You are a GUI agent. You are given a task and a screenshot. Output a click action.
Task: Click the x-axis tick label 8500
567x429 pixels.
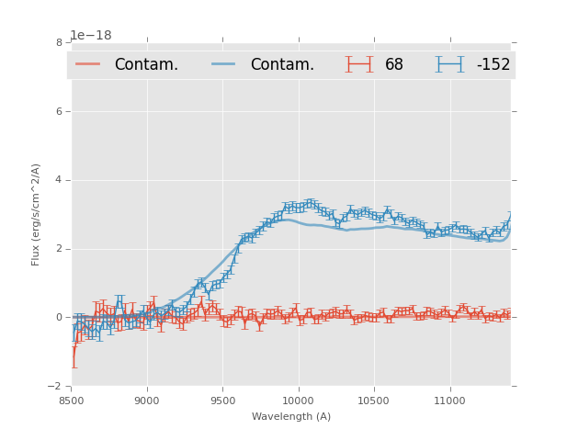[x=71, y=401]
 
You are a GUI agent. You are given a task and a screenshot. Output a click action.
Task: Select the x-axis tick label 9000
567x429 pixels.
[x=147, y=401]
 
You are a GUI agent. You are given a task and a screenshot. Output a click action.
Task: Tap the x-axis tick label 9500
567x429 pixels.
[x=222, y=401]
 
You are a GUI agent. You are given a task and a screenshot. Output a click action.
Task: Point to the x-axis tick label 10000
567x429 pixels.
[x=298, y=401]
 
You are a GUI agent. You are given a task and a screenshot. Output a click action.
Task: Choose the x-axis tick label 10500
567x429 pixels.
[x=374, y=401]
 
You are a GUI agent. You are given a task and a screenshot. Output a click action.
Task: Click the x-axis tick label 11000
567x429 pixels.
[x=449, y=401]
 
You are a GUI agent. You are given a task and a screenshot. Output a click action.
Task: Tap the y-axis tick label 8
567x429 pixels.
[x=59, y=42]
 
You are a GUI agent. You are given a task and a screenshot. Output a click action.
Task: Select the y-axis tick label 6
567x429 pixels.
[x=59, y=111]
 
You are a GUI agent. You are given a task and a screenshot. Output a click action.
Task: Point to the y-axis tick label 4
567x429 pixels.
[x=59, y=180]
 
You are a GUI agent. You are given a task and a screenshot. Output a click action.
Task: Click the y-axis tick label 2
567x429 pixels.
[x=59, y=249]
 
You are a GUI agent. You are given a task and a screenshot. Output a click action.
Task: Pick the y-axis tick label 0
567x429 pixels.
[x=59, y=318]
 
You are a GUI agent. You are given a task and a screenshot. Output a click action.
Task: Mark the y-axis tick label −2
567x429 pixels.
[x=56, y=387]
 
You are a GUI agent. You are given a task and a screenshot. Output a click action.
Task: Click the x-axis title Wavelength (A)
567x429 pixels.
[x=290, y=417]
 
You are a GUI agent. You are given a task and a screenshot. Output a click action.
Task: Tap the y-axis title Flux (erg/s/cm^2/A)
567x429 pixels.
[x=36, y=214]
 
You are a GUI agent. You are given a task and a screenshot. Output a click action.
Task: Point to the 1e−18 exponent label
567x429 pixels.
[x=91, y=36]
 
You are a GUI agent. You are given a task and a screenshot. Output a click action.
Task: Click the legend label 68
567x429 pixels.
[x=394, y=65]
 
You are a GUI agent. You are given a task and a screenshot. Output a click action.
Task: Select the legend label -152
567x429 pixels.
[x=493, y=65]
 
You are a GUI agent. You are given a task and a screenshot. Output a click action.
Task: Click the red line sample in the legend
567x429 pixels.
[x=88, y=64]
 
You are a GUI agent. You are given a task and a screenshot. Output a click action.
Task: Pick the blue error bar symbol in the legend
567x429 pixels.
[x=450, y=64]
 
